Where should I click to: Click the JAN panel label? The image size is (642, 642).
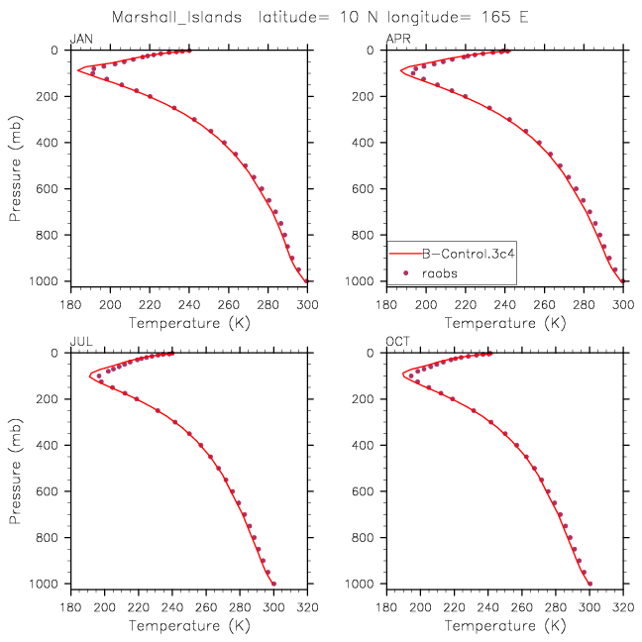point(81,39)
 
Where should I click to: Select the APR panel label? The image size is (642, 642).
point(398,39)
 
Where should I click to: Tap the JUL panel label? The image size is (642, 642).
point(81,342)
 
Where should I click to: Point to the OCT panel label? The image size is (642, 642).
point(397,342)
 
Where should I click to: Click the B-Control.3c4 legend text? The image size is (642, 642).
point(468,254)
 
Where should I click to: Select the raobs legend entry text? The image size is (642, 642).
point(439,273)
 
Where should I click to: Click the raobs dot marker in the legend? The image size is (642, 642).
point(406,273)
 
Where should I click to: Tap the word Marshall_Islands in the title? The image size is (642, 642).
point(177,17)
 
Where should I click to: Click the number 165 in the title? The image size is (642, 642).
point(495,17)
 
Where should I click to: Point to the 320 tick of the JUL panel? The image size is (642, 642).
point(307,606)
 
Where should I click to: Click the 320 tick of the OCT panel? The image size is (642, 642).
point(623,606)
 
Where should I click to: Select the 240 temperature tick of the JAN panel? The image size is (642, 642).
point(189,304)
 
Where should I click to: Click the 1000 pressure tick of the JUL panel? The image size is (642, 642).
point(44,584)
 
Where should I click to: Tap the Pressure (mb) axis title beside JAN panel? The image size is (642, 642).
point(15,168)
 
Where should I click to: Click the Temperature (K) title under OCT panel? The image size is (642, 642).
point(505,625)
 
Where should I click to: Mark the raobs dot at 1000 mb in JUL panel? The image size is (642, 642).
point(273,584)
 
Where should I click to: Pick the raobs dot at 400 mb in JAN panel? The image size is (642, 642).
point(224,143)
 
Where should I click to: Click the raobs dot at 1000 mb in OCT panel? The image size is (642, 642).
point(590,584)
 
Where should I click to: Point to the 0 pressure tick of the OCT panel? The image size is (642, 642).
point(371,353)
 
